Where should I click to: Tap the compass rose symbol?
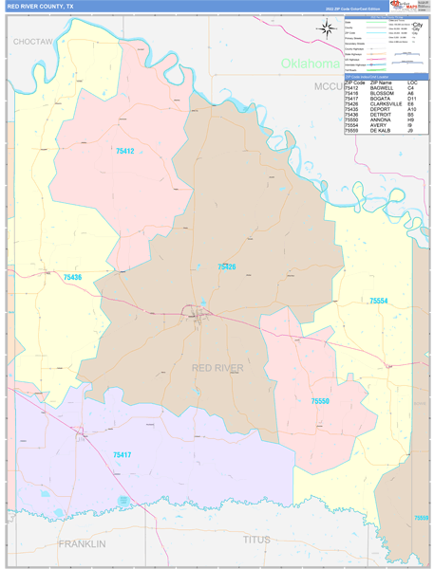pyautogui.click(x=327, y=29)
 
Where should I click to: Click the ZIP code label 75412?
pyautogui.click(x=124, y=151)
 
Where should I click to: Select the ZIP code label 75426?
pyautogui.click(x=226, y=267)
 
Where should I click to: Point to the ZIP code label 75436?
pyautogui.click(x=72, y=277)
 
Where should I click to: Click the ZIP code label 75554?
pyautogui.click(x=378, y=301)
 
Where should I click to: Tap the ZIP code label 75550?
pyautogui.click(x=320, y=402)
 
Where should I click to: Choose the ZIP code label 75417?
pyautogui.click(x=123, y=455)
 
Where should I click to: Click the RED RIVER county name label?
pyautogui.click(x=217, y=368)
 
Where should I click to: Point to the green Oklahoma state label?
pyautogui.click(x=310, y=64)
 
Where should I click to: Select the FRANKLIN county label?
pyautogui.click(x=82, y=543)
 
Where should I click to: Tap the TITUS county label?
pyautogui.click(x=256, y=540)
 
